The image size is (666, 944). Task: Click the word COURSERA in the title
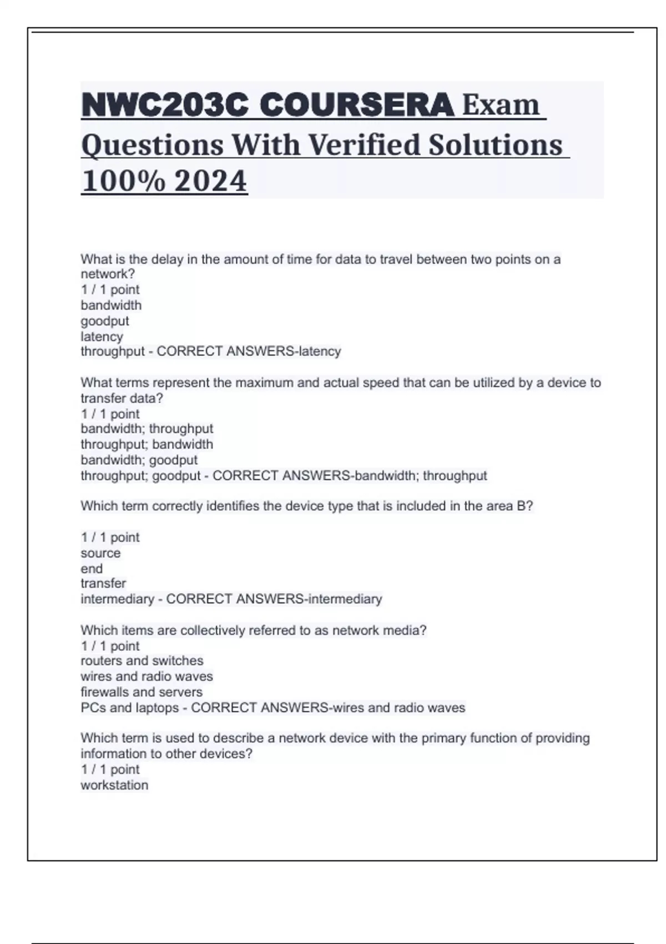coord(356,104)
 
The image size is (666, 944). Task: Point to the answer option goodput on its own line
coord(105,321)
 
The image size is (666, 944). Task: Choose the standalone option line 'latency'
coord(102,337)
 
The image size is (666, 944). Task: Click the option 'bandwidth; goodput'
coord(139,460)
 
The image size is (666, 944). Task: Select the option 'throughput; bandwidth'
coord(147,444)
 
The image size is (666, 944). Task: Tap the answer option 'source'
coord(100,553)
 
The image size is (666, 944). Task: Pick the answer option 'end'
coord(92,569)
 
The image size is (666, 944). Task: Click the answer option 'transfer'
coord(103,583)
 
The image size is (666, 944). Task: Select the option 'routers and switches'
coord(142,661)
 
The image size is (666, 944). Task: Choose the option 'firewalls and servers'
coord(141,692)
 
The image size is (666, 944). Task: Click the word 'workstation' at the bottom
coord(114,785)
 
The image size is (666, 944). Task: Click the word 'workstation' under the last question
coord(114,785)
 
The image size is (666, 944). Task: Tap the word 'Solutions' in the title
coord(495,144)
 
